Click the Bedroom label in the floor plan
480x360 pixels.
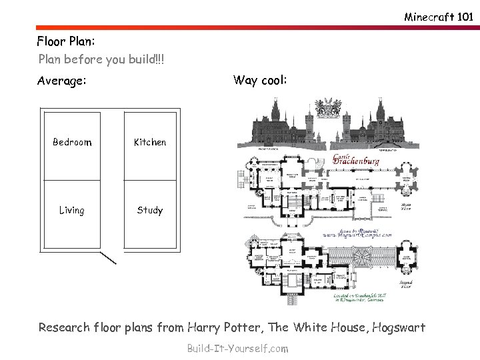(x=72, y=142)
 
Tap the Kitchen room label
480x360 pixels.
(x=150, y=142)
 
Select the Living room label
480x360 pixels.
(x=71, y=211)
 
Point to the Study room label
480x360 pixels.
(x=149, y=211)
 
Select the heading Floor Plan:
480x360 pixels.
(x=67, y=41)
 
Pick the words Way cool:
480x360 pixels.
(x=260, y=81)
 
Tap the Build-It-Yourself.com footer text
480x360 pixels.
(x=238, y=348)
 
